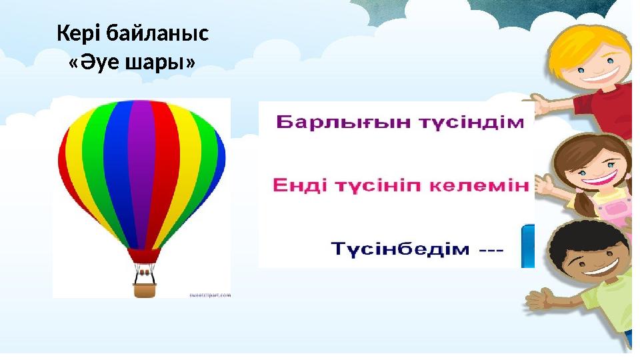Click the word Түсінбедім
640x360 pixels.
401,250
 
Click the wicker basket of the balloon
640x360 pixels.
145,289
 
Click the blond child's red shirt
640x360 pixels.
603,107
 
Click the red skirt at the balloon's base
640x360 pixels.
143,255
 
